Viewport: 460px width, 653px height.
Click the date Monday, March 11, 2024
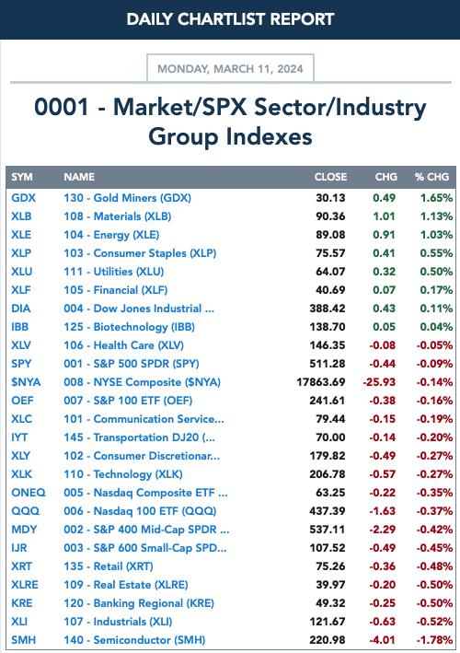point(230,69)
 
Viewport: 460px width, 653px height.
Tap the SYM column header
point(22,177)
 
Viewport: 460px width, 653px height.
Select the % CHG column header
point(431,177)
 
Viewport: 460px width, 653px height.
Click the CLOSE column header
point(330,177)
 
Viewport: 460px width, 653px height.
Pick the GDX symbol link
point(23,198)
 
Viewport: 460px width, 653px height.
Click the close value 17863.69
point(321,382)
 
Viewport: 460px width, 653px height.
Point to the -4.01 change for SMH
point(382,640)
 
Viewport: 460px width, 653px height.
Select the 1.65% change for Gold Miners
point(436,198)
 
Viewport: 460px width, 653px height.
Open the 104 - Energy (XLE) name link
point(111,235)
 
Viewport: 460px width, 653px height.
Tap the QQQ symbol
point(25,511)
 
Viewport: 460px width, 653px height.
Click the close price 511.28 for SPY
point(328,364)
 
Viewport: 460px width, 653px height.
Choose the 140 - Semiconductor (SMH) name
point(134,640)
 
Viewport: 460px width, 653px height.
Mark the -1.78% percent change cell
point(434,640)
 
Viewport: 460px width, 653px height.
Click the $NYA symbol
point(26,382)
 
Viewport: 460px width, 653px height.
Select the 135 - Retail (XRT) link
point(109,566)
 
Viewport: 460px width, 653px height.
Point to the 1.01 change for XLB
point(384,216)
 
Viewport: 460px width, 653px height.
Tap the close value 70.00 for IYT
point(330,437)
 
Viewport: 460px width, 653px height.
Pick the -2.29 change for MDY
point(382,530)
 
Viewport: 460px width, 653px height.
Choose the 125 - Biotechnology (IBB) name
point(130,327)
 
